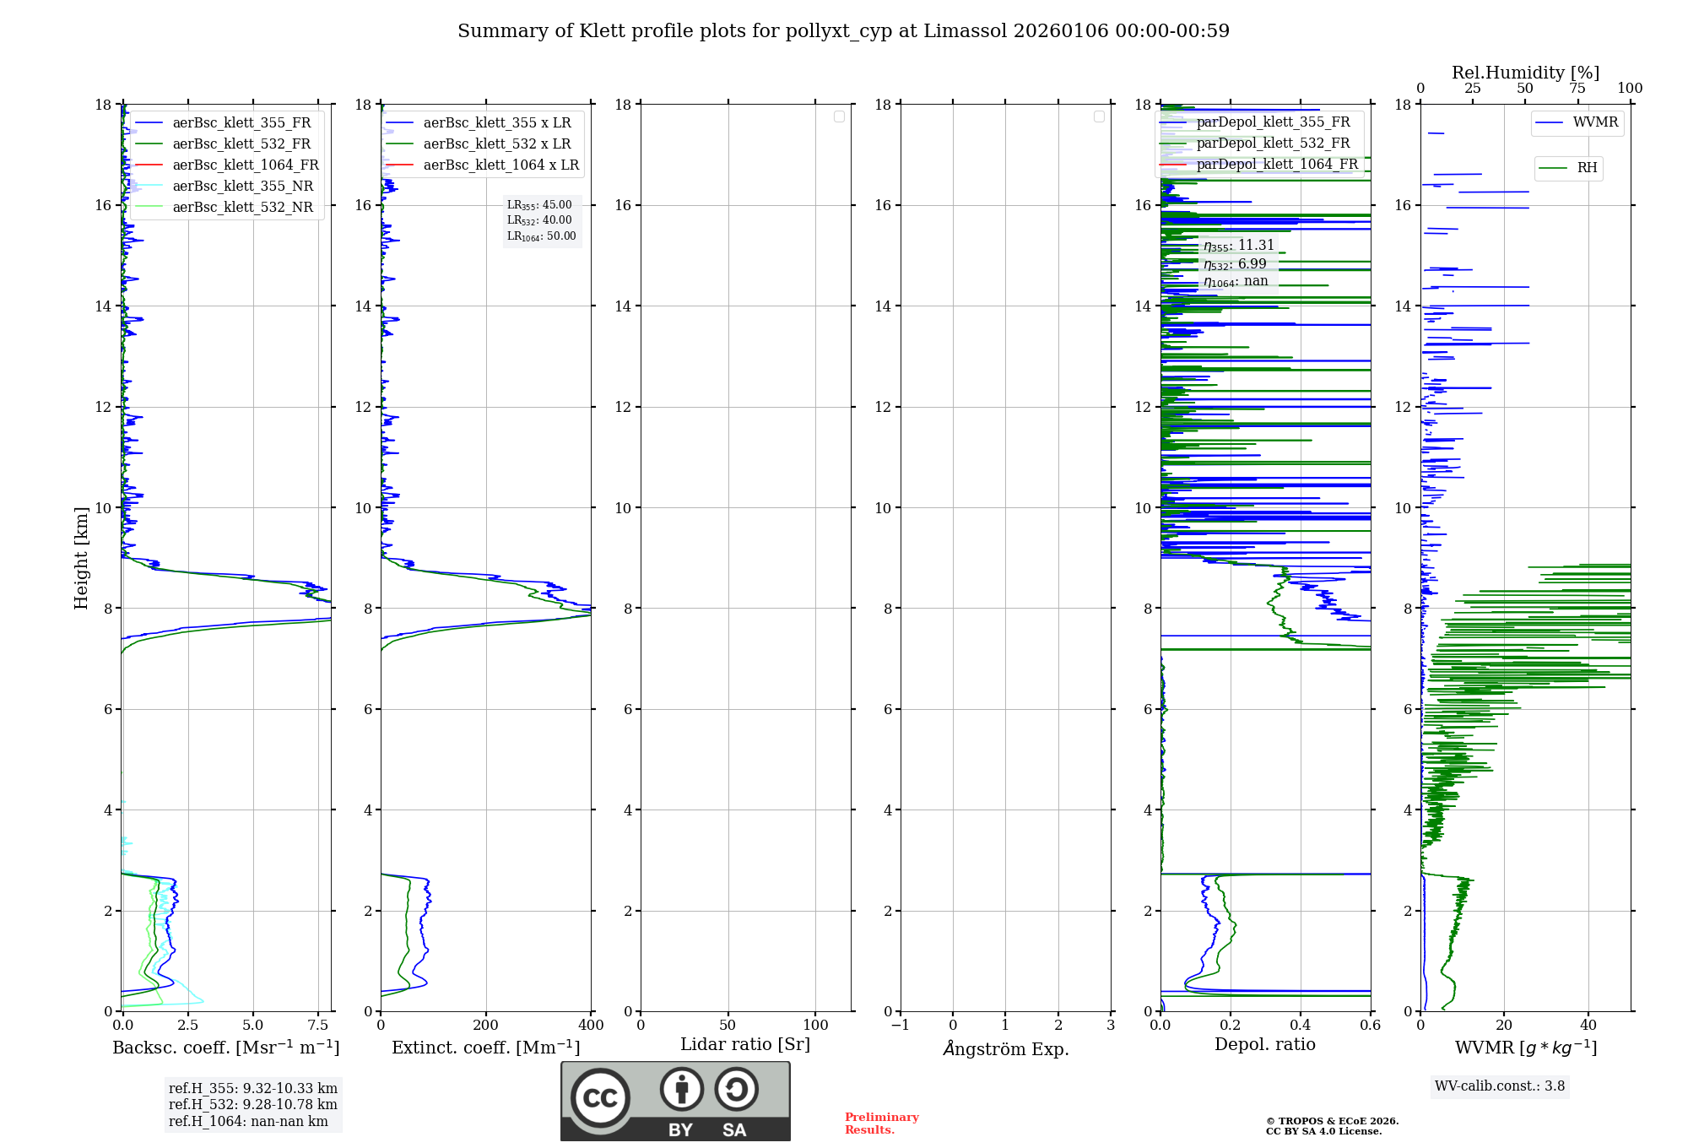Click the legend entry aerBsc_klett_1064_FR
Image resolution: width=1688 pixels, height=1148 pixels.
pyautogui.click(x=246, y=165)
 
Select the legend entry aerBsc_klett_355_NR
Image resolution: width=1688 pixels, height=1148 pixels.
pyautogui.click(x=242, y=187)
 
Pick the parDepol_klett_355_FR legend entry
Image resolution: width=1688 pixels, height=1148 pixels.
pyautogui.click(x=1273, y=122)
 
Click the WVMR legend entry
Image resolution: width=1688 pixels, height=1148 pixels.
pyautogui.click(x=1595, y=122)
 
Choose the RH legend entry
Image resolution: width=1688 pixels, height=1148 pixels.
pyautogui.click(x=1587, y=168)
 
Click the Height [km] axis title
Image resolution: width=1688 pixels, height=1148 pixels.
pyautogui.click(x=81, y=558)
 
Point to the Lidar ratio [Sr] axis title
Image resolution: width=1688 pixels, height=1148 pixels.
pyautogui.click(x=745, y=1045)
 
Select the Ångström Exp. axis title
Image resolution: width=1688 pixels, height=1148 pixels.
pyautogui.click(x=1006, y=1049)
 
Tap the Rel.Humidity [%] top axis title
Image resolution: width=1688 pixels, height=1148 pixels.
pyautogui.click(x=1525, y=73)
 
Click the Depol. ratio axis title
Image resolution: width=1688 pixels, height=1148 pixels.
pyautogui.click(x=1264, y=1045)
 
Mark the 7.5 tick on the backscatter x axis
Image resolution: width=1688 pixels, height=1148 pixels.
pyautogui.click(x=318, y=1026)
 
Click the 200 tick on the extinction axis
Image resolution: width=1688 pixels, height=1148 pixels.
pyautogui.click(x=486, y=1026)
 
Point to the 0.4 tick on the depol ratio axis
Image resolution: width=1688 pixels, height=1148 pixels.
pyautogui.click(x=1301, y=1026)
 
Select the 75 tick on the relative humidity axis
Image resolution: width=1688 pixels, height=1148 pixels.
pyautogui.click(x=1577, y=89)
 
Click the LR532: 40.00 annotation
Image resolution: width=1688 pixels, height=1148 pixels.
pyautogui.click(x=539, y=220)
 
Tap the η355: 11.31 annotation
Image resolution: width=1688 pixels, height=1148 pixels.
pyautogui.click(x=1239, y=246)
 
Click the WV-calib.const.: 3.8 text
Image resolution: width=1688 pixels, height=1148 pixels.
pyautogui.click(x=1500, y=1086)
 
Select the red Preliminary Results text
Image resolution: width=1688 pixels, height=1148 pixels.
pyautogui.click(x=881, y=1124)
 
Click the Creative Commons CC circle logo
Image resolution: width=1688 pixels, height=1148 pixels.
pyautogui.click(x=600, y=1098)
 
